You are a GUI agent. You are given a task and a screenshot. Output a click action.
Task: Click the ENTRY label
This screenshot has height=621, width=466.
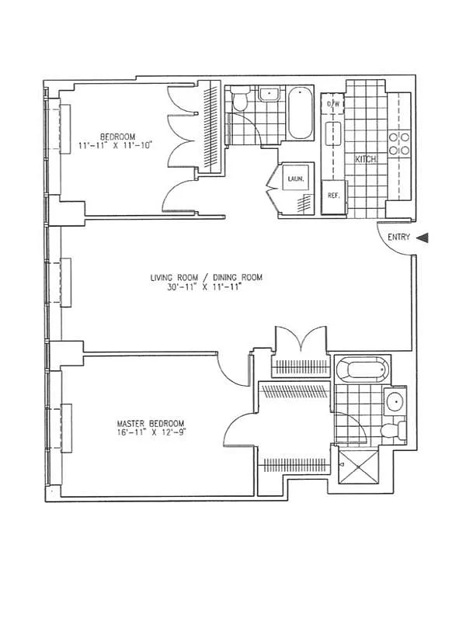[395, 239]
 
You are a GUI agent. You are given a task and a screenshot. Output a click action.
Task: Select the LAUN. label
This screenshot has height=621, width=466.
[295, 179]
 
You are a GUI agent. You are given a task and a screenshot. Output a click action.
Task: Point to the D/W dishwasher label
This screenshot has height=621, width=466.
[334, 104]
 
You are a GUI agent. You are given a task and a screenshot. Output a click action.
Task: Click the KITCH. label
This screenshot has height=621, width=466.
[367, 159]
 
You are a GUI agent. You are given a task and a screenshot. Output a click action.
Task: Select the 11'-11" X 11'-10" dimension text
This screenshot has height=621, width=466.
[117, 144]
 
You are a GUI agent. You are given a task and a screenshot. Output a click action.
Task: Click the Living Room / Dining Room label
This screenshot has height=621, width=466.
[207, 277]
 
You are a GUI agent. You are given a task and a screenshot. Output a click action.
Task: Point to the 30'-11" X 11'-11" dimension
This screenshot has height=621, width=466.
[207, 288]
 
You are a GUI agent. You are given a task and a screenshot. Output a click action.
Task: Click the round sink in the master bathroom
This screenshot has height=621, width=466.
[395, 402]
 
